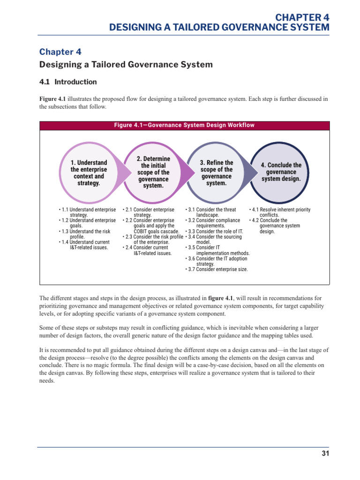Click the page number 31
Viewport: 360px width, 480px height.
[326, 454]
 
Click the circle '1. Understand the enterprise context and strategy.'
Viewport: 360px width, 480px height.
[89, 173]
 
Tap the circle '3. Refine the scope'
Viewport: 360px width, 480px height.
[216, 173]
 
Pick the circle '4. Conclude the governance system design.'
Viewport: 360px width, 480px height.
[281, 172]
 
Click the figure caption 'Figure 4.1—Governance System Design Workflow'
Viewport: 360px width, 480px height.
[185, 125]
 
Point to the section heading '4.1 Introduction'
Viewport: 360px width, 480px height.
[68, 82]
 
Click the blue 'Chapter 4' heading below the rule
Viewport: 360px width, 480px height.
[57, 52]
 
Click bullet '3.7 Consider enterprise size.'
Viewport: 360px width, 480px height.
[217, 270]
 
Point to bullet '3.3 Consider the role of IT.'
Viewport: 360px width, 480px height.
[215, 232]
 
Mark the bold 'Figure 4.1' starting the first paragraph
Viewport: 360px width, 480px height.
[52, 99]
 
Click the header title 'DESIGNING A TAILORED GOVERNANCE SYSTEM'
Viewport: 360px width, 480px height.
[219, 28]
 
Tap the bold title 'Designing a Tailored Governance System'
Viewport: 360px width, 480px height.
[126, 65]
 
